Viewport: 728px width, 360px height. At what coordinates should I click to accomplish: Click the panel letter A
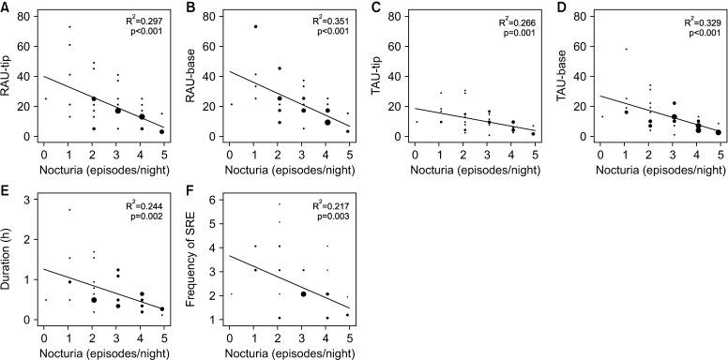(x=6, y=7)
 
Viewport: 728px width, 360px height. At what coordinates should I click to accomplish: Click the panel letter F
(x=190, y=190)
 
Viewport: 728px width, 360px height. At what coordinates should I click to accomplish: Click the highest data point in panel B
(x=253, y=26)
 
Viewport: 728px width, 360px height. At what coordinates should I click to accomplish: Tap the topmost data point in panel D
(x=624, y=49)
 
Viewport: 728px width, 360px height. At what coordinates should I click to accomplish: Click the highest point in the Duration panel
(x=69, y=210)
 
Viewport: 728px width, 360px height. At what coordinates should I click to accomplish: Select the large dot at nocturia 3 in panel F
(x=303, y=293)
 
